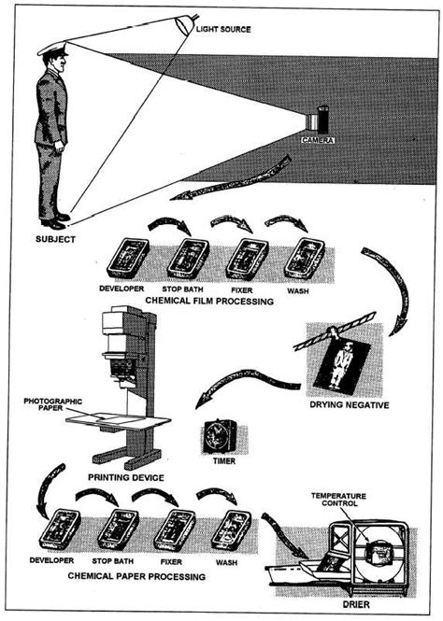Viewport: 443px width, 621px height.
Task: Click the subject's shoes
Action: (55, 220)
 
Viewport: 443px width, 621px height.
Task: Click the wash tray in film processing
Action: (303, 257)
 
